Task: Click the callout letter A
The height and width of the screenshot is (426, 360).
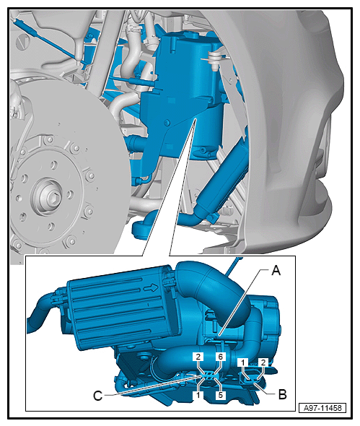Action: [x=276, y=271]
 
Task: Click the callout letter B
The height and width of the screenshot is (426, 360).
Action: [x=283, y=394]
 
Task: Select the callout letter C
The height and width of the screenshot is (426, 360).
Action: [x=97, y=396]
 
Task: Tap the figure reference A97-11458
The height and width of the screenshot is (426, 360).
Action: [x=322, y=408]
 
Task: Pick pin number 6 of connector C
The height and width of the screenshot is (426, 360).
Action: [x=220, y=357]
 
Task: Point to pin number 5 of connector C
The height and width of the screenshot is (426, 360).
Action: [x=220, y=395]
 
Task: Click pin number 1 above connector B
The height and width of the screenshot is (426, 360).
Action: [x=243, y=362]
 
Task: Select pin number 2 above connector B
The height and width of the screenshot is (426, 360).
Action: [x=263, y=362]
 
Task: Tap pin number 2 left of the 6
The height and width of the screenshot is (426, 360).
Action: [x=198, y=357]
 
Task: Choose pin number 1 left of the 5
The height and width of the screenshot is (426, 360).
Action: [x=198, y=395]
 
